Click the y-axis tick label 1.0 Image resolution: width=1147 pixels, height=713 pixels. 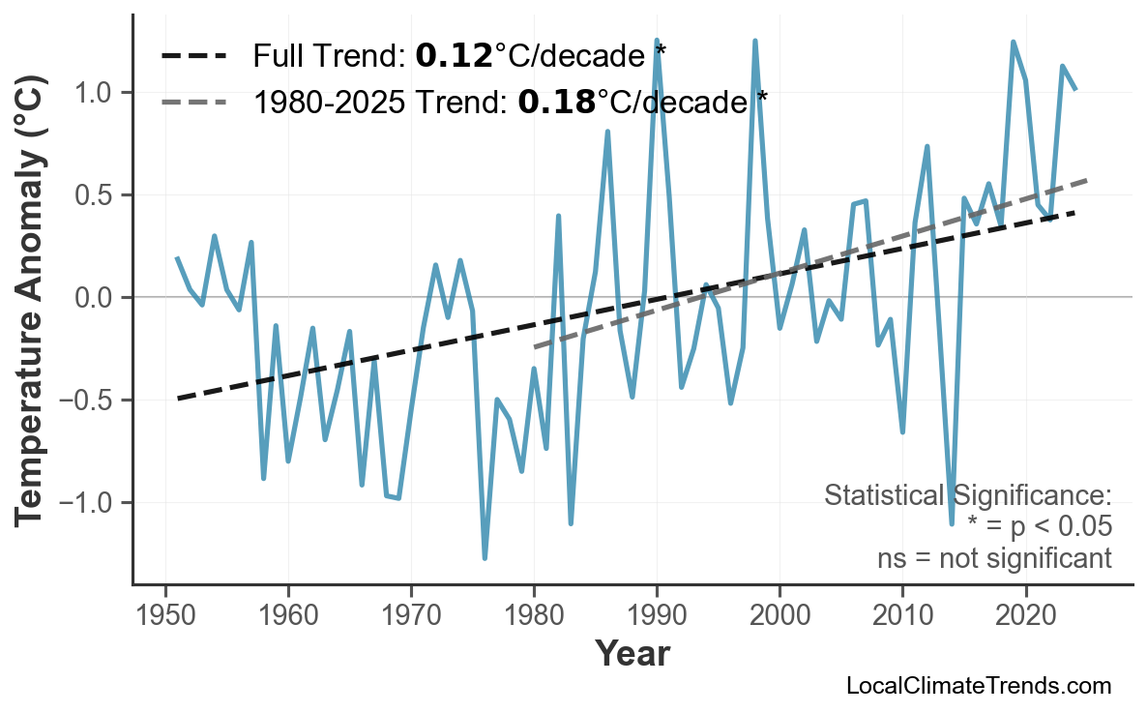click(x=92, y=93)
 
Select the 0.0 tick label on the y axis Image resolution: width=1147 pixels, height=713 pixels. click(x=92, y=298)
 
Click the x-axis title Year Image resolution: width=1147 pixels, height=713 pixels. click(x=632, y=655)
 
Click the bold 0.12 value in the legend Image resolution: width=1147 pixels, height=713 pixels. click(x=454, y=56)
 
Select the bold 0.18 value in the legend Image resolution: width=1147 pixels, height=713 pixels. click(x=556, y=100)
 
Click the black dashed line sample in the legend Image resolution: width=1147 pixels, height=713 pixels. click(x=193, y=56)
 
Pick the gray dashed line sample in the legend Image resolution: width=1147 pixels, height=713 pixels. click(x=193, y=100)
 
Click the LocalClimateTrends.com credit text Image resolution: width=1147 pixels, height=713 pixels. click(x=978, y=687)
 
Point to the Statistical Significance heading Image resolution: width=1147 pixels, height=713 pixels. click(x=967, y=495)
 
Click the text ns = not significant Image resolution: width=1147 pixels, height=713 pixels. click(x=994, y=558)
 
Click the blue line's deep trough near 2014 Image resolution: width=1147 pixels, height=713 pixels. click(x=952, y=523)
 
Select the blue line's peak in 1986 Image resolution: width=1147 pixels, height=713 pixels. click(x=607, y=131)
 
